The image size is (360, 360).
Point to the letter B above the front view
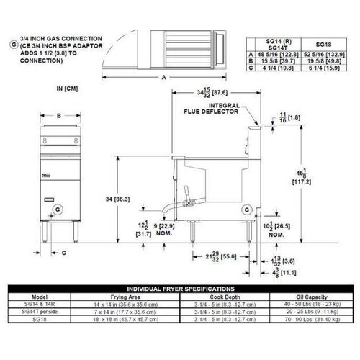[x=57, y=115]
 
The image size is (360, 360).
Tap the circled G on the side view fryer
[x=248, y=210]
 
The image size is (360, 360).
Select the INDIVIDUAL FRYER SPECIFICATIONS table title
[x=180, y=287]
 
